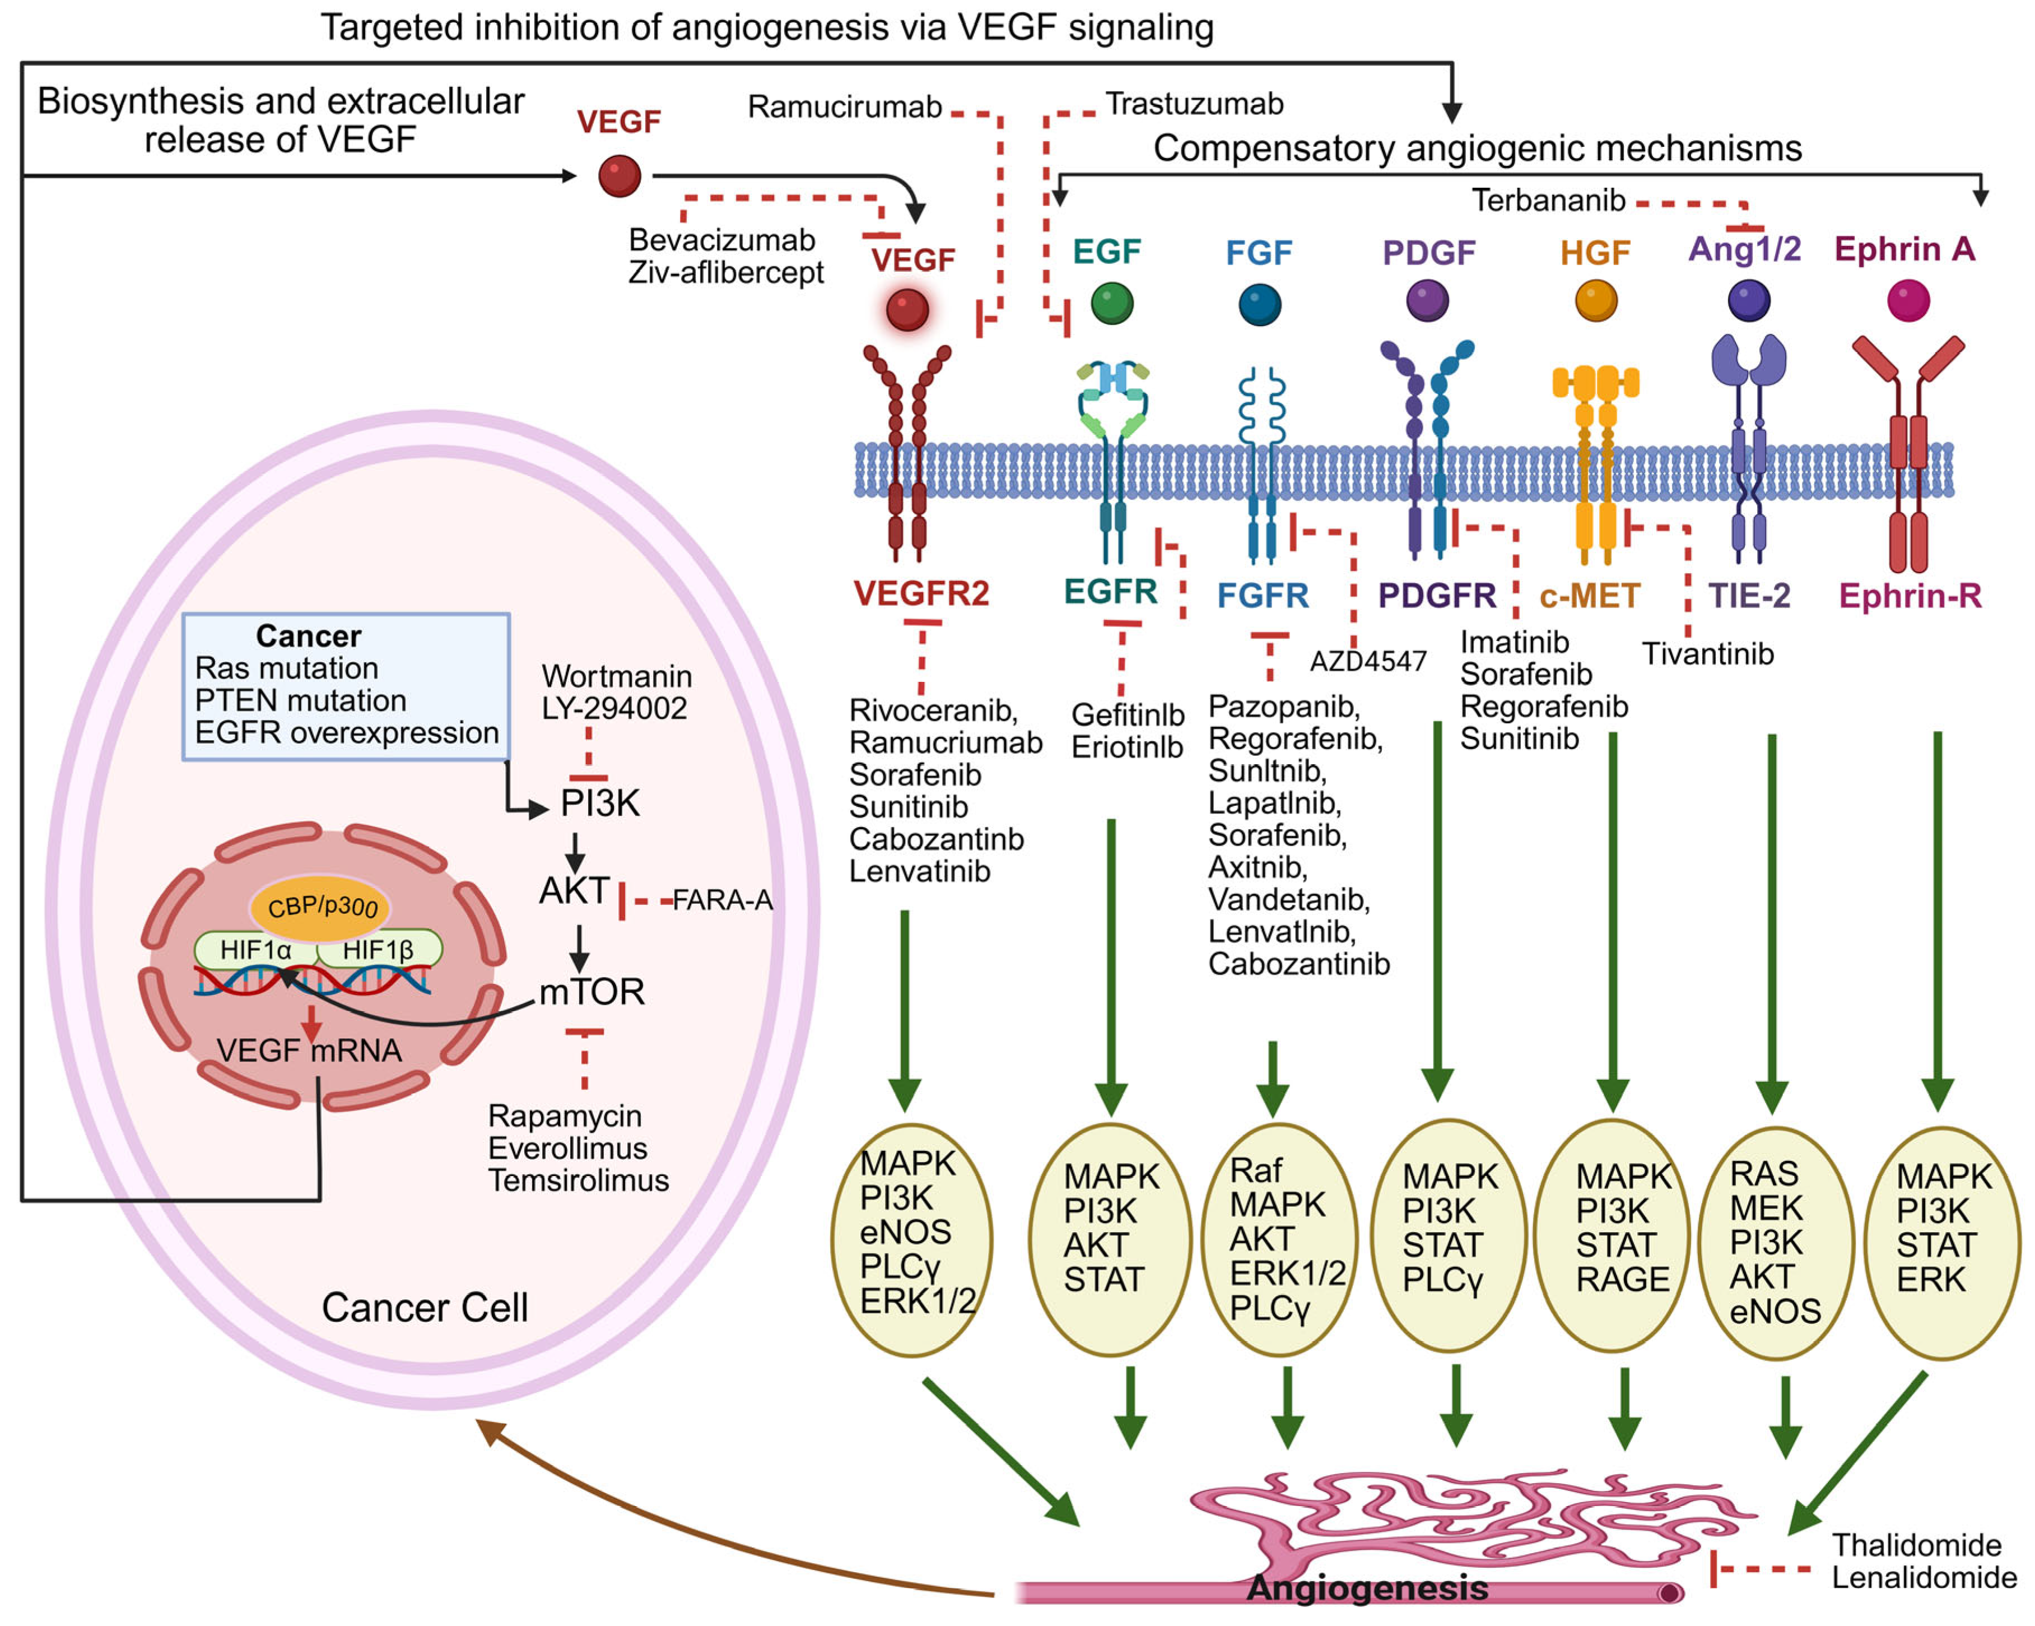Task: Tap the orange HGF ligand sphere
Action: [1595, 300]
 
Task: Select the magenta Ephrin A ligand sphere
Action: [1908, 300]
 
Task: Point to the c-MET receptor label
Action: [1590, 596]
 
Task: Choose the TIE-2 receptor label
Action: [1749, 596]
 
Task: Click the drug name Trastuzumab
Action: [1194, 104]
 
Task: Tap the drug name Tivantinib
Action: [1707, 653]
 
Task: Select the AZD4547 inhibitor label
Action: [1368, 661]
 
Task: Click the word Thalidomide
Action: [1916, 1545]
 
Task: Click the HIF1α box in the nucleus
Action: [257, 950]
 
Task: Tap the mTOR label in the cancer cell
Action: [592, 992]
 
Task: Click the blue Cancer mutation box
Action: [346, 686]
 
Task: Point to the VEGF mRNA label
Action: [310, 1050]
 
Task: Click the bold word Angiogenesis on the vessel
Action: [1368, 1588]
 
